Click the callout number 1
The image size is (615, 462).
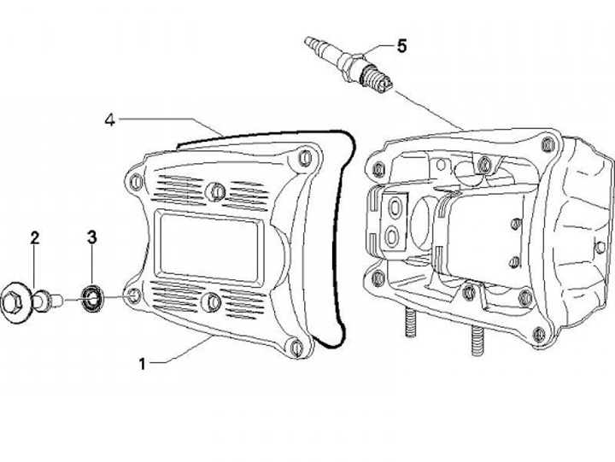[143, 363]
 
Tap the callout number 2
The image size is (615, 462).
[35, 237]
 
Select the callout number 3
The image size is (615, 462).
[93, 237]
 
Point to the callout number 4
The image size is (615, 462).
[110, 119]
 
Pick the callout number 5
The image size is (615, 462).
[401, 46]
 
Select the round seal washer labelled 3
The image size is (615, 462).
[91, 298]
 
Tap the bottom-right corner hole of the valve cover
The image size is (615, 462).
[295, 346]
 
